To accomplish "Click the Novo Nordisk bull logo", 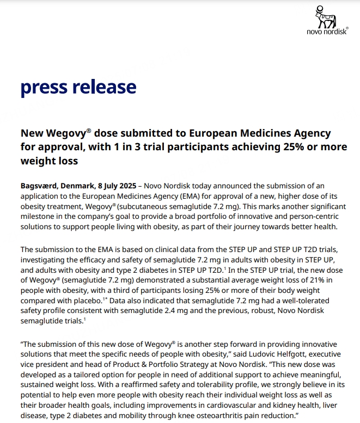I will click(325, 19).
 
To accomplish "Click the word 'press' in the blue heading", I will click(45, 87).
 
